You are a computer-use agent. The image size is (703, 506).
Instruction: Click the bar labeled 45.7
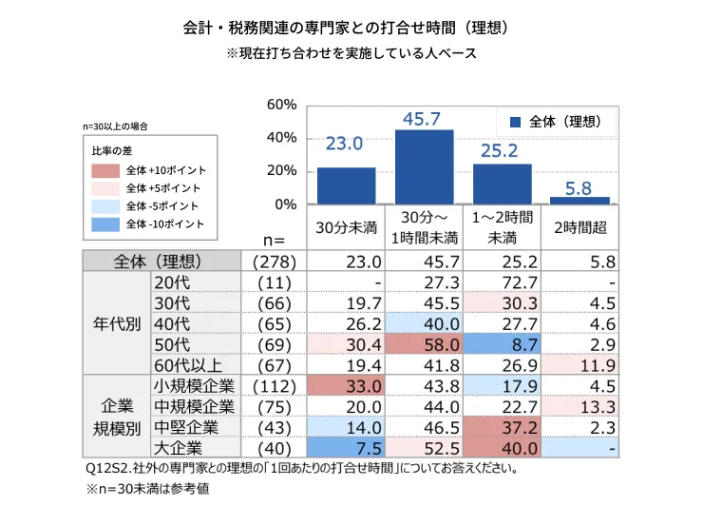[x=424, y=166]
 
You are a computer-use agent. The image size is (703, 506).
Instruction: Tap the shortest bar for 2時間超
[x=580, y=200]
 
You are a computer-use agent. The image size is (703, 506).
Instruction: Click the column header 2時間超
[x=580, y=228]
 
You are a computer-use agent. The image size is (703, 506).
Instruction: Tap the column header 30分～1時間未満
[x=424, y=228]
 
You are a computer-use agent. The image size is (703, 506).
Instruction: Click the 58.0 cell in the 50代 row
[x=424, y=344]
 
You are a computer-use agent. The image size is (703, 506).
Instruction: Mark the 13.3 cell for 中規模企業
[x=580, y=406]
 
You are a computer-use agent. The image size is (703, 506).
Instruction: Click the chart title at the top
[x=351, y=29]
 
